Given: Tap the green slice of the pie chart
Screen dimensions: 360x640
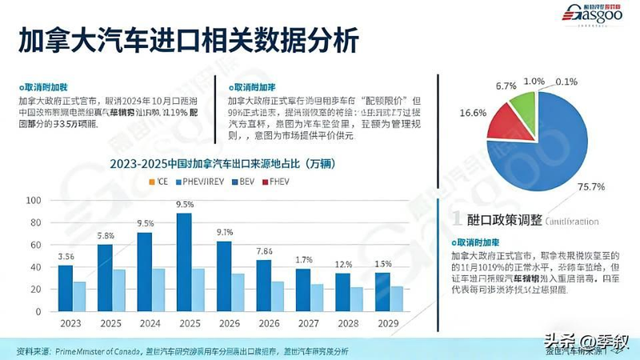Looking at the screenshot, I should [521, 107].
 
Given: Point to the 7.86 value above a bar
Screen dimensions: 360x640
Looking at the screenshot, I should [264, 252].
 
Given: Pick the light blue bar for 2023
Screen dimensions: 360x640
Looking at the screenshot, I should [78, 296].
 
